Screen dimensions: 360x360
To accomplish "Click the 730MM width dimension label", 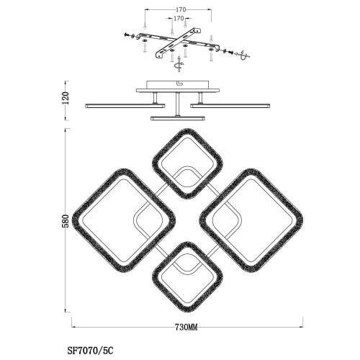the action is tap(186, 327).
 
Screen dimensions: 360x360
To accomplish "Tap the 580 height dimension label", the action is tap(67, 221).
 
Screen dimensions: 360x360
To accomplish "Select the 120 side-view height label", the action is tap(66, 98).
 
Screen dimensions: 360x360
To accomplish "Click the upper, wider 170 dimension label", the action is tap(181, 9).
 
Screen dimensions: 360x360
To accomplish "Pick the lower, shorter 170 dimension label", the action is tap(179, 18).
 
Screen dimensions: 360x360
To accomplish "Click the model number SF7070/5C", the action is tap(91, 351).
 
